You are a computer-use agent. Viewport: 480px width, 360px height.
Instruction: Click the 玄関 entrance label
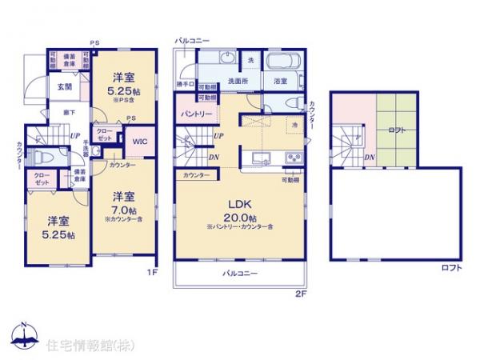coord(65,87)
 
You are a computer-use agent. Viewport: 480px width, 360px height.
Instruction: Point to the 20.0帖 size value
coord(240,218)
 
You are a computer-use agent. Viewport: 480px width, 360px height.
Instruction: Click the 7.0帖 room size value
coord(122,211)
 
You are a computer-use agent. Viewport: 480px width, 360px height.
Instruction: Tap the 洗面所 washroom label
coord(234,81)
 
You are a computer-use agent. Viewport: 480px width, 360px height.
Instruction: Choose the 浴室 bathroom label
coord(281,81)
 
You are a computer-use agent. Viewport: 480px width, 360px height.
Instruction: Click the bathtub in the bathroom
coord(281,63)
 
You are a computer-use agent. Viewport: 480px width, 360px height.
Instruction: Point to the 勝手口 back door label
coord(183,82)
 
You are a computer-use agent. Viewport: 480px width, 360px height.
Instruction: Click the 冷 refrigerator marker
coord(294,124)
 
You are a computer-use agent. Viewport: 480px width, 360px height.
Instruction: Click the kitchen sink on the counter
coord(260,156)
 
